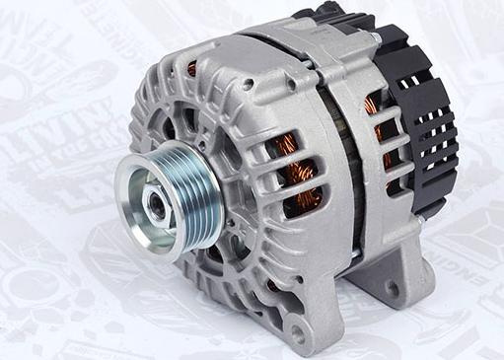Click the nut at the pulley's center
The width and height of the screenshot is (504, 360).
coord(155,201)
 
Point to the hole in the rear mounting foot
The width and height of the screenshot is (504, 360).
coord(393,288)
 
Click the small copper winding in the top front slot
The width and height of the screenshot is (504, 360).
coord(191,69)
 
